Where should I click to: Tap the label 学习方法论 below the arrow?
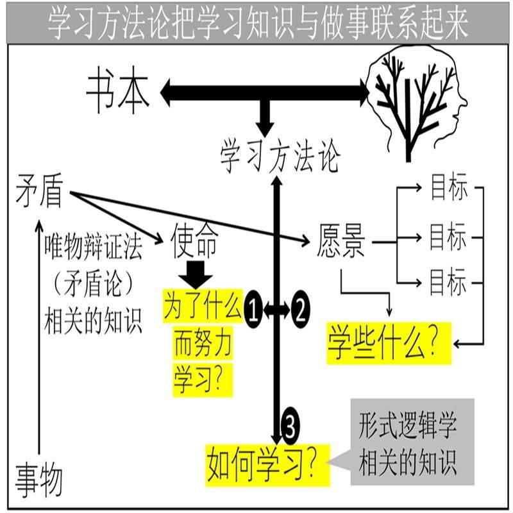(280, 156)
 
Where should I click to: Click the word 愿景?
(341, 243)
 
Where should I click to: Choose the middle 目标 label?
(448, 237)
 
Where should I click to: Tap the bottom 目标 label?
(448, 282)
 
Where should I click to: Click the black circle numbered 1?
(253, 312)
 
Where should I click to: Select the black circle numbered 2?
(300, 312)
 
